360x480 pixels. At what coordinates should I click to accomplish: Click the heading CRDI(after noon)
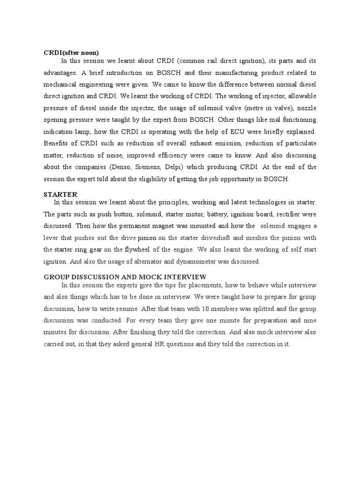pyautogui.click(x=71, y=52)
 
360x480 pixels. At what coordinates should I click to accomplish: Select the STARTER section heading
pyautogui.click(x=60, y=194)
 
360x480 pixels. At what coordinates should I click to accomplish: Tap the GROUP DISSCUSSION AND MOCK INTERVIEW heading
pyautogui.click(x=125, y=277)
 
